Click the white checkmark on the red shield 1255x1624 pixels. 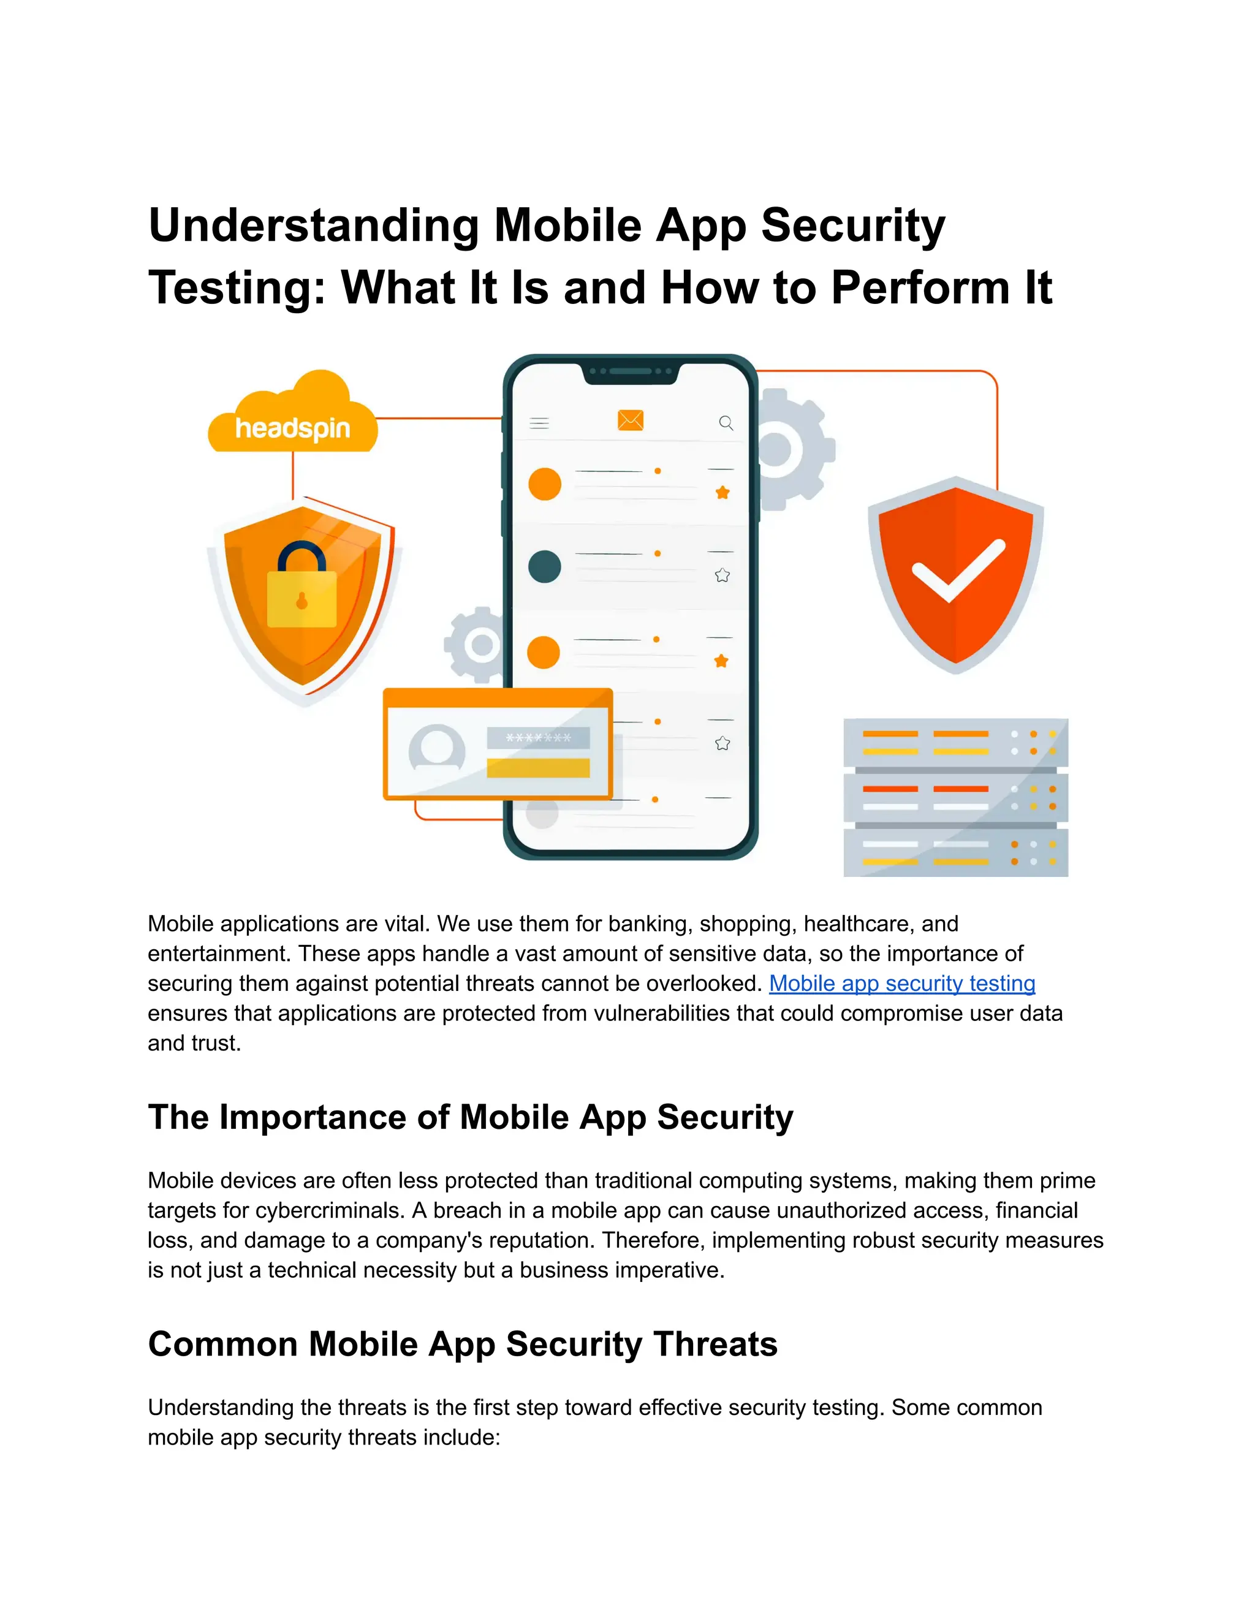click(x=958, y=569)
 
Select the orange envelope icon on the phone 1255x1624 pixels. click(x=631, y=421)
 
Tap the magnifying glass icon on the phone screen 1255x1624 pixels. click(x=726, y=423)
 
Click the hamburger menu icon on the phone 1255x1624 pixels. click(x=539, y=423)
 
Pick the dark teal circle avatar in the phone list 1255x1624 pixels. click(x=544, y=567)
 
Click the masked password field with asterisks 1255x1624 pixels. click(x=538, y=738)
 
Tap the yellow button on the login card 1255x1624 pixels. click(x=538, y=768)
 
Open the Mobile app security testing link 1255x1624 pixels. click(x=901, y=983)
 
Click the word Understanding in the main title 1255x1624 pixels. click(x=313, y=226)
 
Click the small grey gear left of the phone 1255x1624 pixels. click(x=476, y=645)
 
